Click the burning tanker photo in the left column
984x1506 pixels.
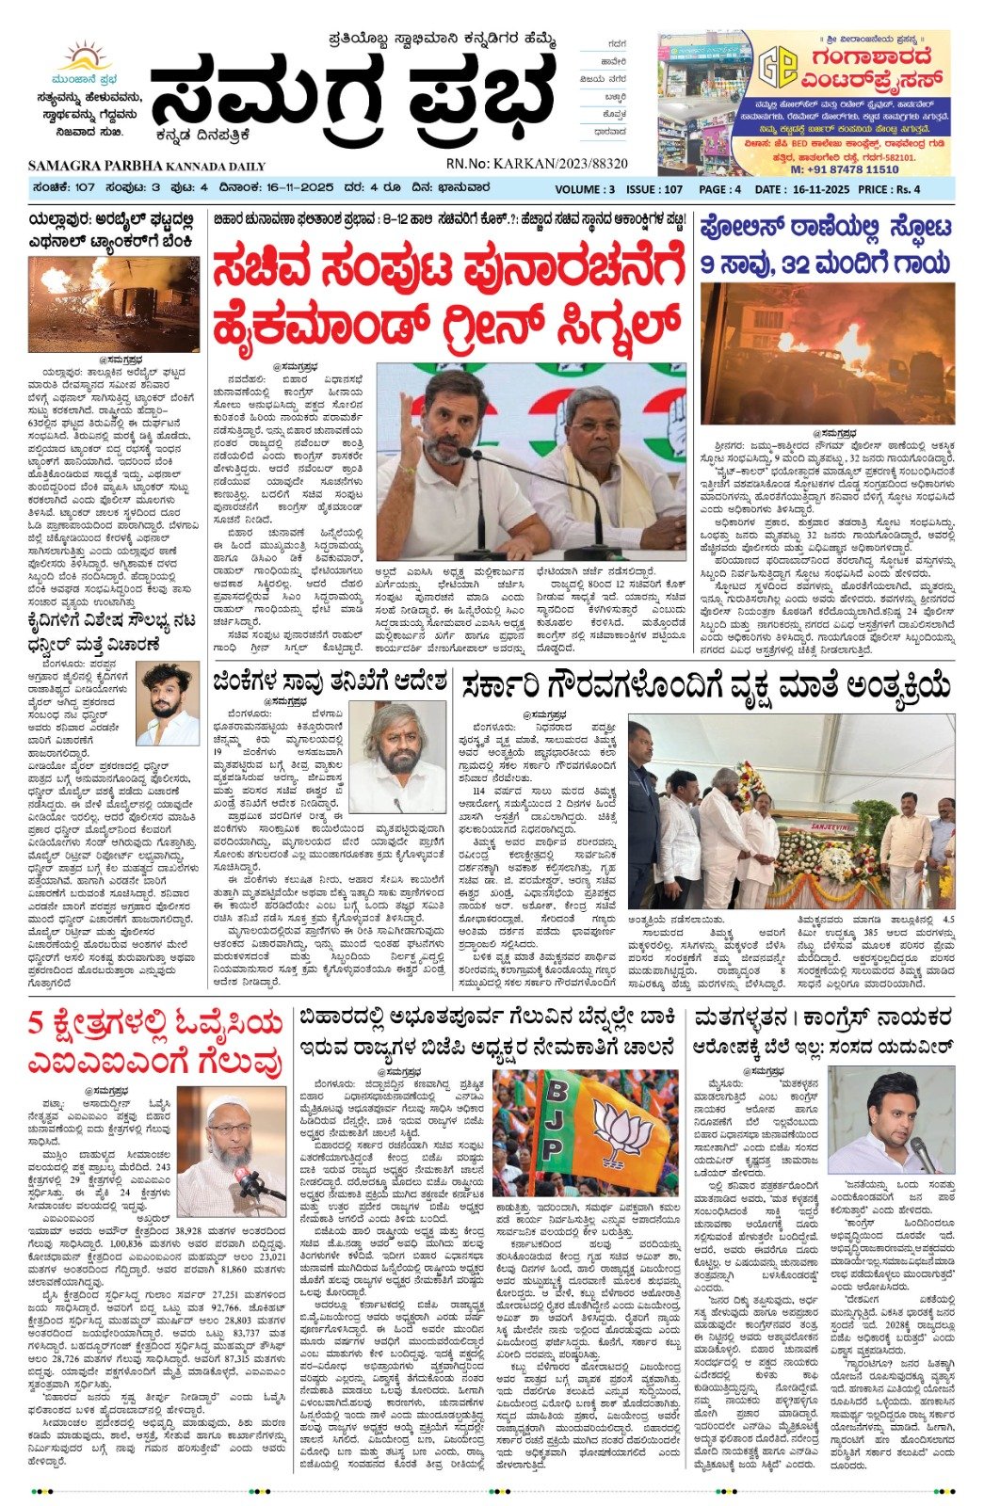coord(113,304)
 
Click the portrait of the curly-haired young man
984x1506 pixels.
coord(168,703)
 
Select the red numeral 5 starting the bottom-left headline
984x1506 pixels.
coord(37,1023)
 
